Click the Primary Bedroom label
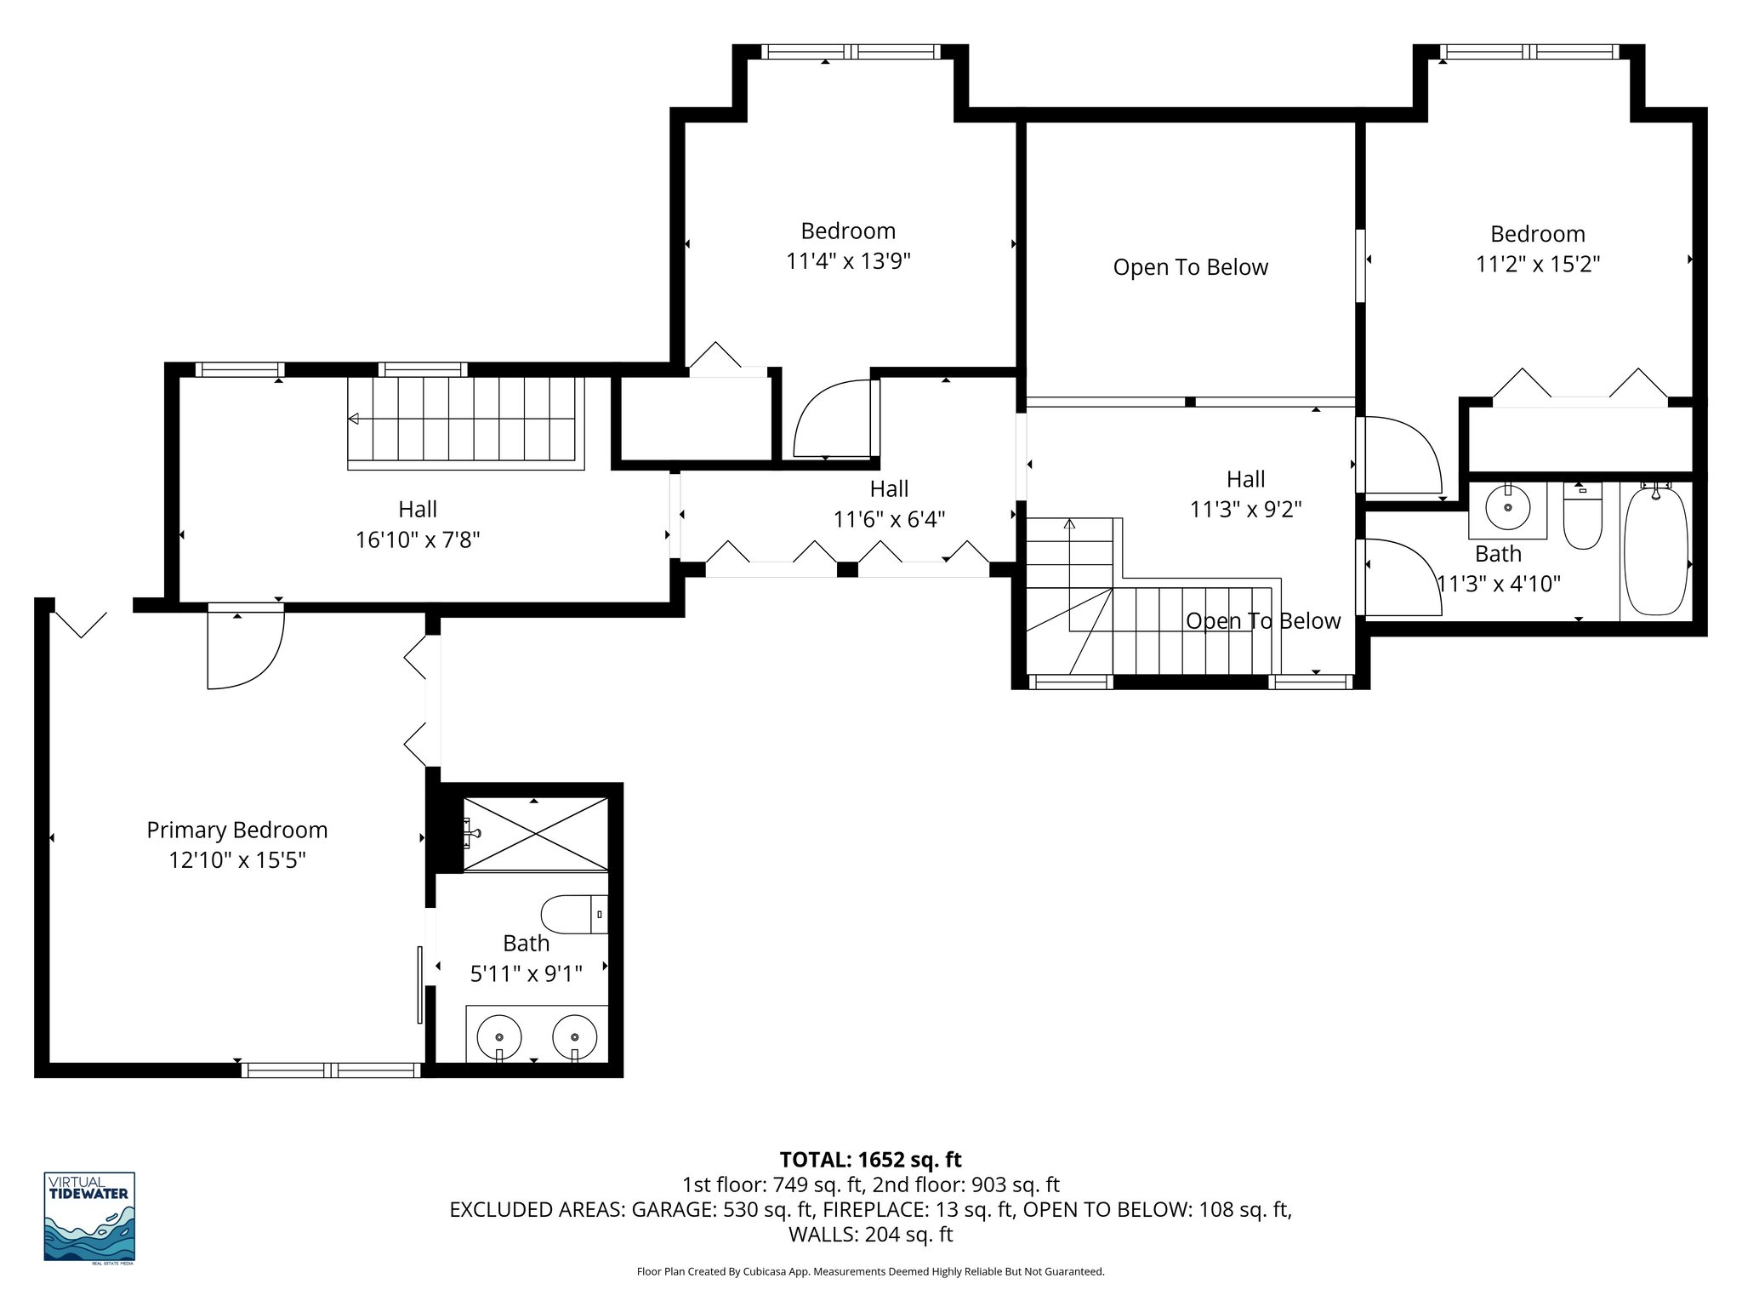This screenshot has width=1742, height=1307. (x=236, y=830)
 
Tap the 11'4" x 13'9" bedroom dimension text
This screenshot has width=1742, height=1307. (x=848, y=261)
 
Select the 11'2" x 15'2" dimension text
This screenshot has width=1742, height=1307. (x=1538, y=265)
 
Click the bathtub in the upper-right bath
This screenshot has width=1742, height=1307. (x=1654, y=551)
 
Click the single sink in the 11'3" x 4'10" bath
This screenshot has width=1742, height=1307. (x=1507, y=509)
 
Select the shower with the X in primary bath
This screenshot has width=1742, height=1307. (x=535, y=834)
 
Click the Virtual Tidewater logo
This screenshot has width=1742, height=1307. (x=89, y=1217)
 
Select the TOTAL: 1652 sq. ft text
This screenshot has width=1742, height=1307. (x=870, y=1160)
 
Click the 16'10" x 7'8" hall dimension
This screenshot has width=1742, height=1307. (x=418, y=539)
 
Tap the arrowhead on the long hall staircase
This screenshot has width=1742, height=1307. (x=354, y=419)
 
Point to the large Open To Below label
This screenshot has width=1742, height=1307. (x=1190, y=267)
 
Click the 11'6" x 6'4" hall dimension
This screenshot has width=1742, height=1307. (x=889, y=519)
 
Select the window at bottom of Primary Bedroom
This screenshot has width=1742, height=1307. (x=332, y=1070)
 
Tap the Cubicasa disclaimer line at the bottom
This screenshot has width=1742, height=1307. (x=870, y=1272)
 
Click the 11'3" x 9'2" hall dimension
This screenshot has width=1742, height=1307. (x=1245, y=509)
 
